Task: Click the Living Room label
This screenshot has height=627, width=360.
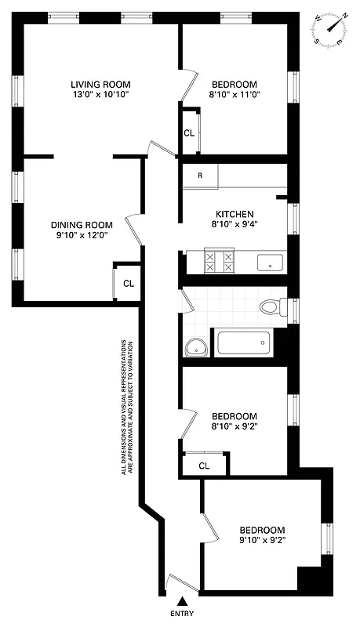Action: click(100, 84)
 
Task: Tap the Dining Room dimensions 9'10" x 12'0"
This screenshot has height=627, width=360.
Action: click(78, 234)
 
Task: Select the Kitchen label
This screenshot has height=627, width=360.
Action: click(235, 214)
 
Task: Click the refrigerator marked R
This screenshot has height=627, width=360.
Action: click(200, 176)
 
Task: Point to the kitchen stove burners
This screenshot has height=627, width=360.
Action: click(220, 262)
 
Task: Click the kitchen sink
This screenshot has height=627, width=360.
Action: click(270, 263)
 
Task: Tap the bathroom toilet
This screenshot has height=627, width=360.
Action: click(271, 307)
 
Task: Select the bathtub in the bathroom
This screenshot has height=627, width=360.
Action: click(243, 344)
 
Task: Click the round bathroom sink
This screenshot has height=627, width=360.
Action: click(195, 346)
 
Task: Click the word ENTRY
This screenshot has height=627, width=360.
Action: click(182, 614)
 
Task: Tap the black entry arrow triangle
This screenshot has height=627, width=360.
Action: click(182, 600)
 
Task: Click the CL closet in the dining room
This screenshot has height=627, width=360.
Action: click(129, 283)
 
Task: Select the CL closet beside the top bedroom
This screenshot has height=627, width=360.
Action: click(189, 132)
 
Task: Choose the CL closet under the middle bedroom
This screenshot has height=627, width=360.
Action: click(204, 465)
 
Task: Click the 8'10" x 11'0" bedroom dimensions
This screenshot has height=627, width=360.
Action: click(235, 95)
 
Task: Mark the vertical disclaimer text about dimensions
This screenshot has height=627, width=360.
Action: click(126, 408)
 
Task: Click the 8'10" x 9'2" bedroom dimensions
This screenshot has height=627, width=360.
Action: click(235, 426)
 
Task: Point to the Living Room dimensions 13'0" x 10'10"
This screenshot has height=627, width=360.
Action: click(100, 95)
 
